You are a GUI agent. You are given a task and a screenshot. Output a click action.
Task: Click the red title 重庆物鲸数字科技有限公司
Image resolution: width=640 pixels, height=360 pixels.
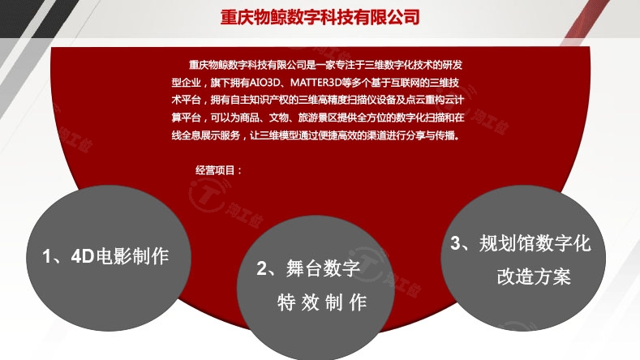(320, 17)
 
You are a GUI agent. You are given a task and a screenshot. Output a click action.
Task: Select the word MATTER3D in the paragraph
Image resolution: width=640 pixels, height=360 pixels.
(315, 83)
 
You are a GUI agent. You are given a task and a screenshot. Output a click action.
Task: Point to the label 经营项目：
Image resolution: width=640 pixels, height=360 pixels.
(219, 169)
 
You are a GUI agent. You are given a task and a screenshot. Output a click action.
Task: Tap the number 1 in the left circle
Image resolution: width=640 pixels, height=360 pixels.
(47, 256)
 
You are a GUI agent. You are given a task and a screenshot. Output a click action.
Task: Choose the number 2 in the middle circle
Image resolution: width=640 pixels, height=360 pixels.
(262, 268)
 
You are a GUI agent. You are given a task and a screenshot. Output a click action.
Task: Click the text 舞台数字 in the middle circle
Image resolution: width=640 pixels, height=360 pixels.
(323, 268)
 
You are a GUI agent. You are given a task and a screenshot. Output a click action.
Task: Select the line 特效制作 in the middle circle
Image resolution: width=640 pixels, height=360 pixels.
(322, 302)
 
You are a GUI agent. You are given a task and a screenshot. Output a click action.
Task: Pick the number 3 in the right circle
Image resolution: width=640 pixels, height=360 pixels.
(456, 243)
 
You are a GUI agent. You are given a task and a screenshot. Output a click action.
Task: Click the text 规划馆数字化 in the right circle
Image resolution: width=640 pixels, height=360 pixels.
(535, 243)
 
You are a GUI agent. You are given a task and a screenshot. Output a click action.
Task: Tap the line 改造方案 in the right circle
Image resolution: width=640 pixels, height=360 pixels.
(534, 276)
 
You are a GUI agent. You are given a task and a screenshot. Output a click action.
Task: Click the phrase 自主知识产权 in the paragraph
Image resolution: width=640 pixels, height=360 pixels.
(260, 101)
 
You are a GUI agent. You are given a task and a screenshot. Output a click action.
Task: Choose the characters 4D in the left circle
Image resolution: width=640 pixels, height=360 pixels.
(83, 256)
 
